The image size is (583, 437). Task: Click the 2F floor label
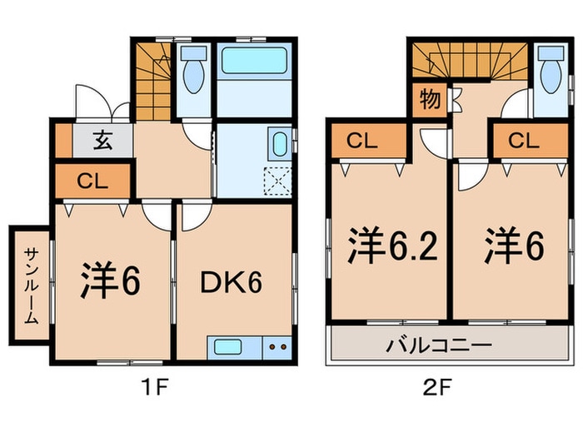coord(437,388)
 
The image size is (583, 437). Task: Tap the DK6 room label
coord(231,283)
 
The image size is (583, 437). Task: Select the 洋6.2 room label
coord(392,246)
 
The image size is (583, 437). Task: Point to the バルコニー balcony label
coord(439,345)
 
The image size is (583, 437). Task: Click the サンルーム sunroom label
coord(32,286)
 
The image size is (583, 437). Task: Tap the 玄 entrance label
coord(103,141)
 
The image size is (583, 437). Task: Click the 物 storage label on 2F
coord(431,100)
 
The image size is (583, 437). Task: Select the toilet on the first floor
coord(194,70)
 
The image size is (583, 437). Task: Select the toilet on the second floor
coord(551,70)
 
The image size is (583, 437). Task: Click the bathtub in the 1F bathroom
coord(255,60)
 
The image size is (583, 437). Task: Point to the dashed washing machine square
coord(277,181)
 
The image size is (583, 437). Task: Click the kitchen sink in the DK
coord(227,347)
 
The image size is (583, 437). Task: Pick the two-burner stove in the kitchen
coord(277,347)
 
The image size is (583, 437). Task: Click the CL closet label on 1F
coord(92,181)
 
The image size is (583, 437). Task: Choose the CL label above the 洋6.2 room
coord(362,141)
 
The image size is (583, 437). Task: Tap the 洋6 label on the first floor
coord(111,281)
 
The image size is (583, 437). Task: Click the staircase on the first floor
coord(153,82)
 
